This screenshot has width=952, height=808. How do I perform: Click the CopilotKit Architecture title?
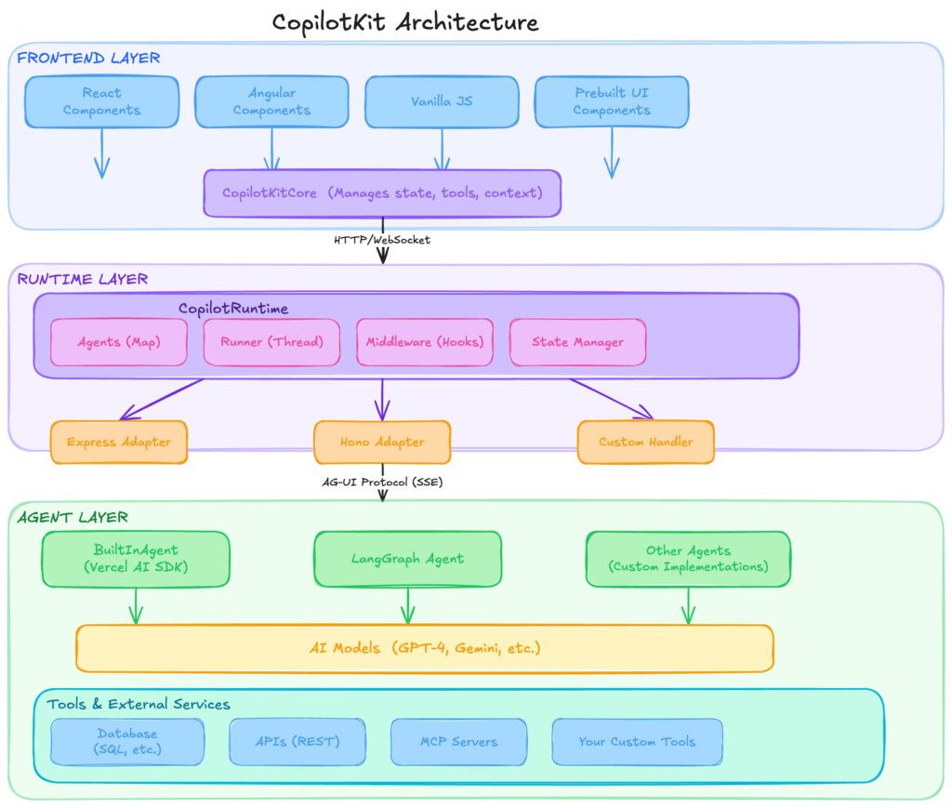click(404, 21)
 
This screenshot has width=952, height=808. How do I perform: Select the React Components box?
click(101, 101)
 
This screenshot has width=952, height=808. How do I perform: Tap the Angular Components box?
click(271, 101)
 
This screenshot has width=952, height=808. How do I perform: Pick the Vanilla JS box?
click(442, 101)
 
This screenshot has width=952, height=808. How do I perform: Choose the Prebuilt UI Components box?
click(612, 101)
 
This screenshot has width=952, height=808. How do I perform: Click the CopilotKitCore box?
click(382, 193)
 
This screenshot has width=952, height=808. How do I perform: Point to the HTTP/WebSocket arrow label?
click(382, 240)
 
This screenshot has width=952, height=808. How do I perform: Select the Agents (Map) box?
click(118, 342)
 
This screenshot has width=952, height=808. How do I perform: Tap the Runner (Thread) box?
click(271, 342)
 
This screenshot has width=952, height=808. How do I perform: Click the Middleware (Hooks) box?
click(424, 342)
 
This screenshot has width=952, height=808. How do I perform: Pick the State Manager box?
click(577, 342)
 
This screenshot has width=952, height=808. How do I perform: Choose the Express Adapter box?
click(119, 442)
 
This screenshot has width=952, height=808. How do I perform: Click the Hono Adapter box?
click(382, 442)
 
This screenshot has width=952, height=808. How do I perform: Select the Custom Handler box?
click(646, 442)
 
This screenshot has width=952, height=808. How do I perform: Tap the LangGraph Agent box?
click(407, 559)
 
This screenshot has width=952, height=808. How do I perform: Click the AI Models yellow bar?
click(424, 648)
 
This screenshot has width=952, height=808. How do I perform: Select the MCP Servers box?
click(457, 741)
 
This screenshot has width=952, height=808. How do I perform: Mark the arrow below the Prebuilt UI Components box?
click(612, 153)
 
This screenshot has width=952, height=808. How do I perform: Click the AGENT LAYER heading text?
click(73, 517)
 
